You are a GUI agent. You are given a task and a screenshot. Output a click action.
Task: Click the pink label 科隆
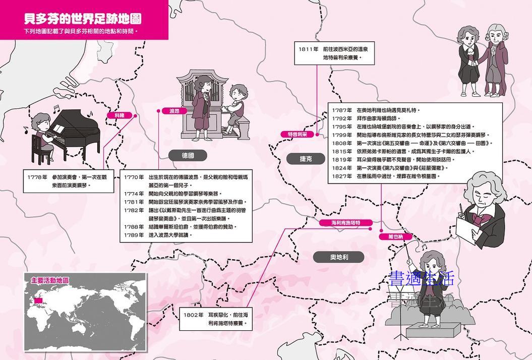click(119, 115)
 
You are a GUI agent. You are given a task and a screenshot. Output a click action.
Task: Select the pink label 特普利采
click(298, 134)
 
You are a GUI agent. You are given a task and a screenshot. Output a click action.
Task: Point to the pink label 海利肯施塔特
click(345, 223)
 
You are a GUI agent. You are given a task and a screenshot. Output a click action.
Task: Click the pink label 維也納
click(396, 236)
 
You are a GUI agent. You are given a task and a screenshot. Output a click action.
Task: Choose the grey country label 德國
click(188, 155)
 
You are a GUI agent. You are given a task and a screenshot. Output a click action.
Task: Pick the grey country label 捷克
click(306, 158)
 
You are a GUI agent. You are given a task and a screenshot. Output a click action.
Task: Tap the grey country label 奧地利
click(339, 257)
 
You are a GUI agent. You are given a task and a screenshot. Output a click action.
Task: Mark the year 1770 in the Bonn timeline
click(134, 177)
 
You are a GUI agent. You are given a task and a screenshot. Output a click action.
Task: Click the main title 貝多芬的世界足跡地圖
click(83, 19)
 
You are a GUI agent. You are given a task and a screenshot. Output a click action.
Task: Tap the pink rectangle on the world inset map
click(38, 302)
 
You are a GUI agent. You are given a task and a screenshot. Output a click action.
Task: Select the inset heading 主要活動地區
click(49, 280)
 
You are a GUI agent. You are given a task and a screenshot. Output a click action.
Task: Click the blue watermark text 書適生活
click(422, 278)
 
